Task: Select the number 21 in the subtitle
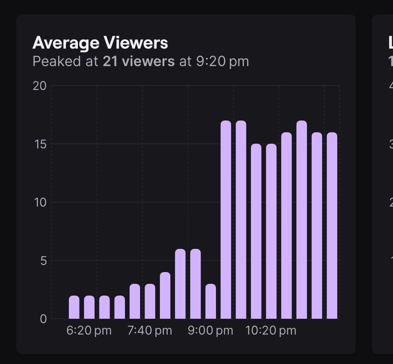tap(110, 61)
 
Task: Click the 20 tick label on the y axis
tap(39, 86)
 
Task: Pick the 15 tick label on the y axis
tap(40, 144)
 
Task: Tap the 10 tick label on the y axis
tap(40, 202)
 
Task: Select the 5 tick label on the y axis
tap(43, 261)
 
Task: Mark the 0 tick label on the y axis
tap(43, 319)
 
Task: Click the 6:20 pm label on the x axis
tap(89, 331)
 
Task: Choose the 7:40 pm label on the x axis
tap(150, 331)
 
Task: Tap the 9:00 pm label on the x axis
tap(210, 331)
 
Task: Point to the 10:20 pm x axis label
tap(271, 331)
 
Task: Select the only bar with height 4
tap(165, 296)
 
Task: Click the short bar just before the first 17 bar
tap(211, 301)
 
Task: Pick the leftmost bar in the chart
tap(74, 307)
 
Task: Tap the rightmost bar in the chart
tap(332, 226)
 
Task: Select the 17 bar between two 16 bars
tap(302, 220)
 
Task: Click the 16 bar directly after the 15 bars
tap(286, 226)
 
